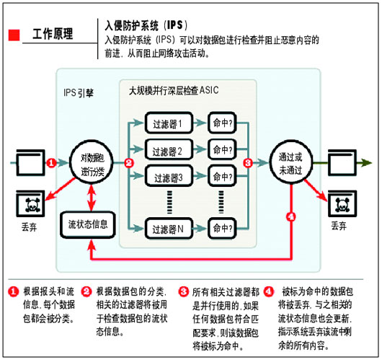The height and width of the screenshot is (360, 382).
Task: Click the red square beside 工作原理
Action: (14, 35)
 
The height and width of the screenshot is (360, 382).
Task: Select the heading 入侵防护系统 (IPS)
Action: (146, 25)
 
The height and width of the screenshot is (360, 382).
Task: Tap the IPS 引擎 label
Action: (79, 92)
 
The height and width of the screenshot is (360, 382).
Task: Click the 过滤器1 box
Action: (169, 123)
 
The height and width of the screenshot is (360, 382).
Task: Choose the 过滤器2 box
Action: (169, 150)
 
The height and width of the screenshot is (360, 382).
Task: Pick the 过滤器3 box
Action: (169, 176)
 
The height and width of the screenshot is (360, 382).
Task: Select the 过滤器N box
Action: (169, 229)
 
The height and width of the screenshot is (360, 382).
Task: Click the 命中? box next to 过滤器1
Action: (222, 123)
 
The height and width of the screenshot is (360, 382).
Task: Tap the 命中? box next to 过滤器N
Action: (222, 229)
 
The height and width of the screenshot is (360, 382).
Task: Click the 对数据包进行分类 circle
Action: (92, 162)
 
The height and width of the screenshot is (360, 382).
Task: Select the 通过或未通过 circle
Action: (291, 162)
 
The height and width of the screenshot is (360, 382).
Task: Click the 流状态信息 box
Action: (88, 225)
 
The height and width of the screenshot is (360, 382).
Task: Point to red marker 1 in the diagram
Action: (51, 162)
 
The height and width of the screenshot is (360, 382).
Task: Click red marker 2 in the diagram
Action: (129, 162)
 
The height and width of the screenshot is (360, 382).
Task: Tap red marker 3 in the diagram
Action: (248, 162)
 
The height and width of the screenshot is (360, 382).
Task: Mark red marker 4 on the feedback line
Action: (291, 216)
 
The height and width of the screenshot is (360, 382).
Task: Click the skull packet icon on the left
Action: (31, 204)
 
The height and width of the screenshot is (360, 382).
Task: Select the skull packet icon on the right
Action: (342, 204)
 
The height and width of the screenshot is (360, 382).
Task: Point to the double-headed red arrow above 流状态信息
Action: (92, 198)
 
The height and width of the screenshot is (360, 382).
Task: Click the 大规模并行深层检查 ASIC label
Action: (174, 91)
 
